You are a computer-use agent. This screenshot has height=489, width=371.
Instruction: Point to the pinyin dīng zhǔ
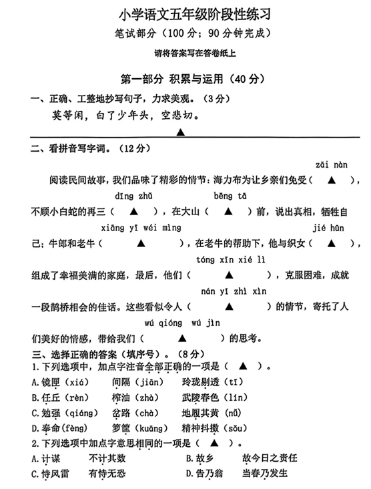coord(133,196)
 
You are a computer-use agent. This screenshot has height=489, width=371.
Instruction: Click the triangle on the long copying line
coord(181,132)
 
